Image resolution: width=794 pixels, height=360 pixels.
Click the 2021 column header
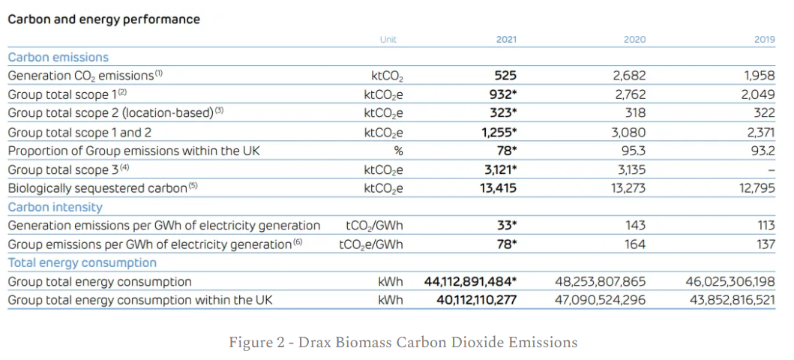pyautogui.click(x=506, y=39)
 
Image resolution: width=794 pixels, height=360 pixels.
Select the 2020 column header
pyautogui.click(x=634, y=39)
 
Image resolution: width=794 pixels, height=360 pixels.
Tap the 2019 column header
pyautogui.click(x=764, y=39)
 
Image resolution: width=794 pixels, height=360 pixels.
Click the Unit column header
pyautogui.click(x=388, y=39)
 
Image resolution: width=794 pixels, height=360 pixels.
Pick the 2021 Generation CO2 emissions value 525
pyautogui.click(x=505, y=76)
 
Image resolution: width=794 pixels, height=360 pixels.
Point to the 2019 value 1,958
pyautogui.click(x=760, y=76)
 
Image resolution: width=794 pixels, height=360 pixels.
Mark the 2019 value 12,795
pyautogui.click(x=757, y=188)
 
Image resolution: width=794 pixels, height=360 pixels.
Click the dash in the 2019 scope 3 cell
pyautogui.click(x=772, y=169)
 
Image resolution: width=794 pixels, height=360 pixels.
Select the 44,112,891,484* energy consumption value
pyautogui.click(x=470, y=282)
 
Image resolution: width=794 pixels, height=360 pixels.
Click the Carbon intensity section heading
pyautogui.click(x=55, y=207)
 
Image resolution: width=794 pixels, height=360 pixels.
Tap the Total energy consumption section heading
pyautogui.click(x=82, y=263)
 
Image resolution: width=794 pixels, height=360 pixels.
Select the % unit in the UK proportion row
pyautogui.click(x=397, y=151)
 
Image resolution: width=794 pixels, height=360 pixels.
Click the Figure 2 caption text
pyautogui.click(x=403, y=343)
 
